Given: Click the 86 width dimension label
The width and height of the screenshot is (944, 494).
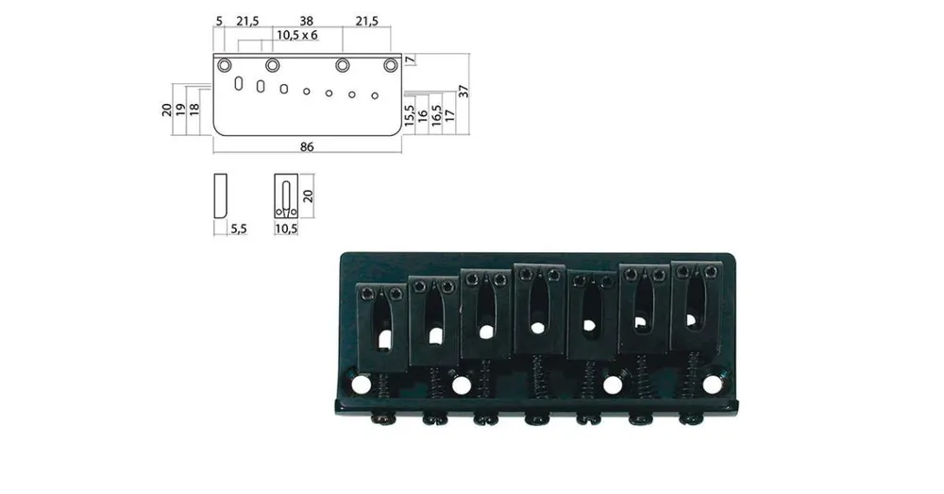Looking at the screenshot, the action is (x=307, y=146).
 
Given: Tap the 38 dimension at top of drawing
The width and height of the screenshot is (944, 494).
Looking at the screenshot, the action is (x=307, y=21).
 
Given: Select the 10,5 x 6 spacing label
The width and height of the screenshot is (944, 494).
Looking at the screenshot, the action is (x=296, y=35).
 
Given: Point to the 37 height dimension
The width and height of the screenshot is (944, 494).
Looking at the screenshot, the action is (x=463, y=92).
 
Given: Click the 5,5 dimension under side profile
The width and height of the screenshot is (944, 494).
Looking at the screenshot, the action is (x=239, y=229).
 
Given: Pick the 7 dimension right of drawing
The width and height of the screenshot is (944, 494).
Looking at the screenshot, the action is (x=410, y=60).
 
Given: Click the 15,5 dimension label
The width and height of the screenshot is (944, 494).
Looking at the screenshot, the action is (x=410, y=115).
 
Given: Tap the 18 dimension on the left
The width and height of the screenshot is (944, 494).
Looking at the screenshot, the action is (x=194, y=109).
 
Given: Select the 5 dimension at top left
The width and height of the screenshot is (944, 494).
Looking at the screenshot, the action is (x=219, y=21).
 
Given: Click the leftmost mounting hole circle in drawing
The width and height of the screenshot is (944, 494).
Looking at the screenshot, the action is (x=225, y=64).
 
